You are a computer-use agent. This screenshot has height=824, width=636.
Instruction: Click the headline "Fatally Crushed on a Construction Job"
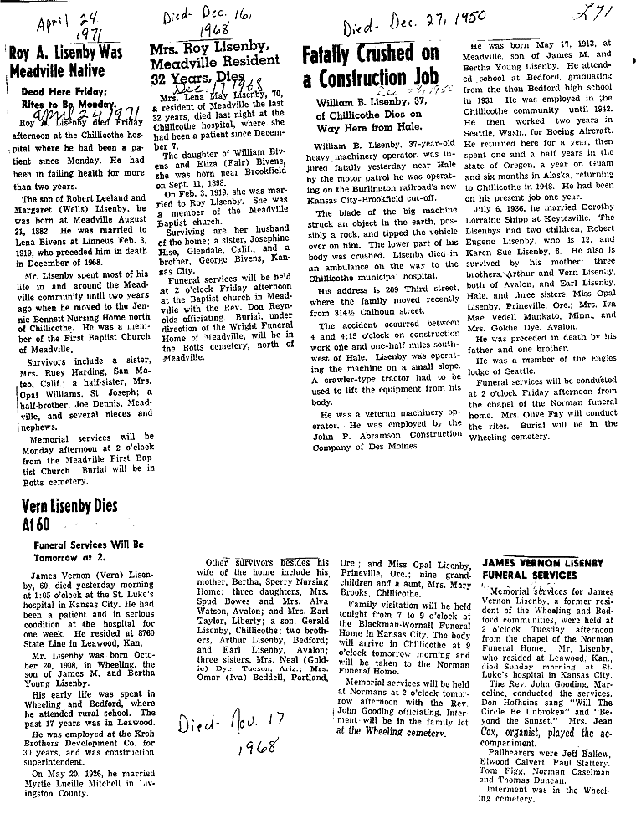(370, 68)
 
